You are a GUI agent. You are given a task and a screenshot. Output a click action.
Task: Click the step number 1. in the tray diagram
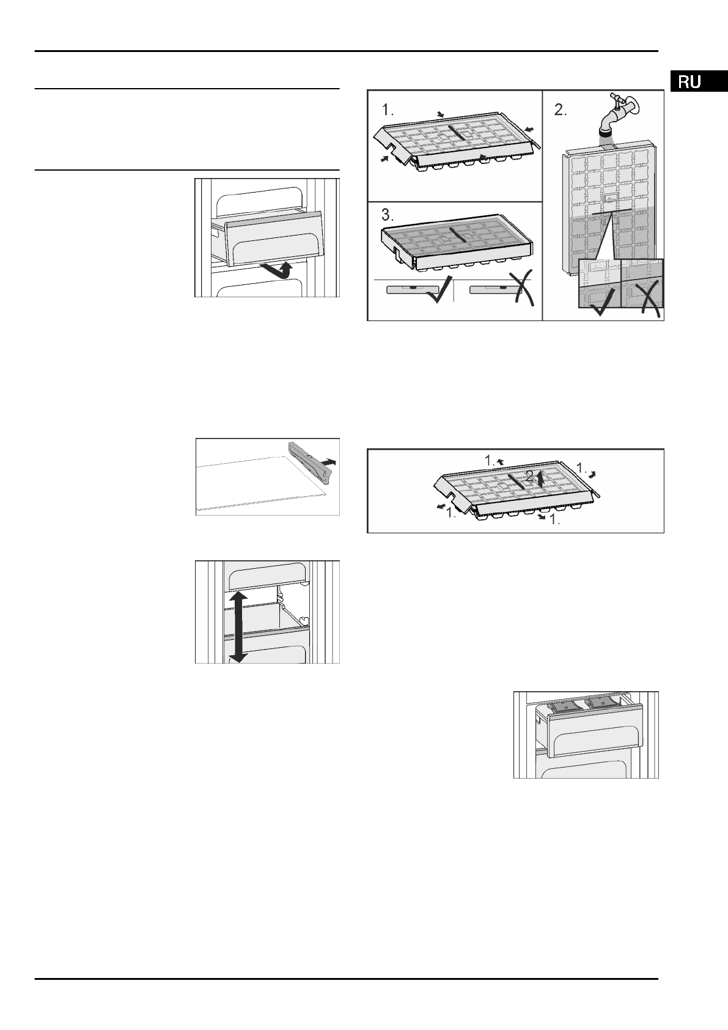[x=388, y=110]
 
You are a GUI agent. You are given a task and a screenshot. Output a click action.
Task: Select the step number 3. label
[x=388, y=215]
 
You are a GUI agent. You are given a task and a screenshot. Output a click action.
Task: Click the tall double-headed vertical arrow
[x=237, y=627]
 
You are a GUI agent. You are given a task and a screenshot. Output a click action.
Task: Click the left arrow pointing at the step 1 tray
[x=384, y=158]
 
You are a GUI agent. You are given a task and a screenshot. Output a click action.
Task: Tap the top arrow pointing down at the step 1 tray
[x=441, y=114]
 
